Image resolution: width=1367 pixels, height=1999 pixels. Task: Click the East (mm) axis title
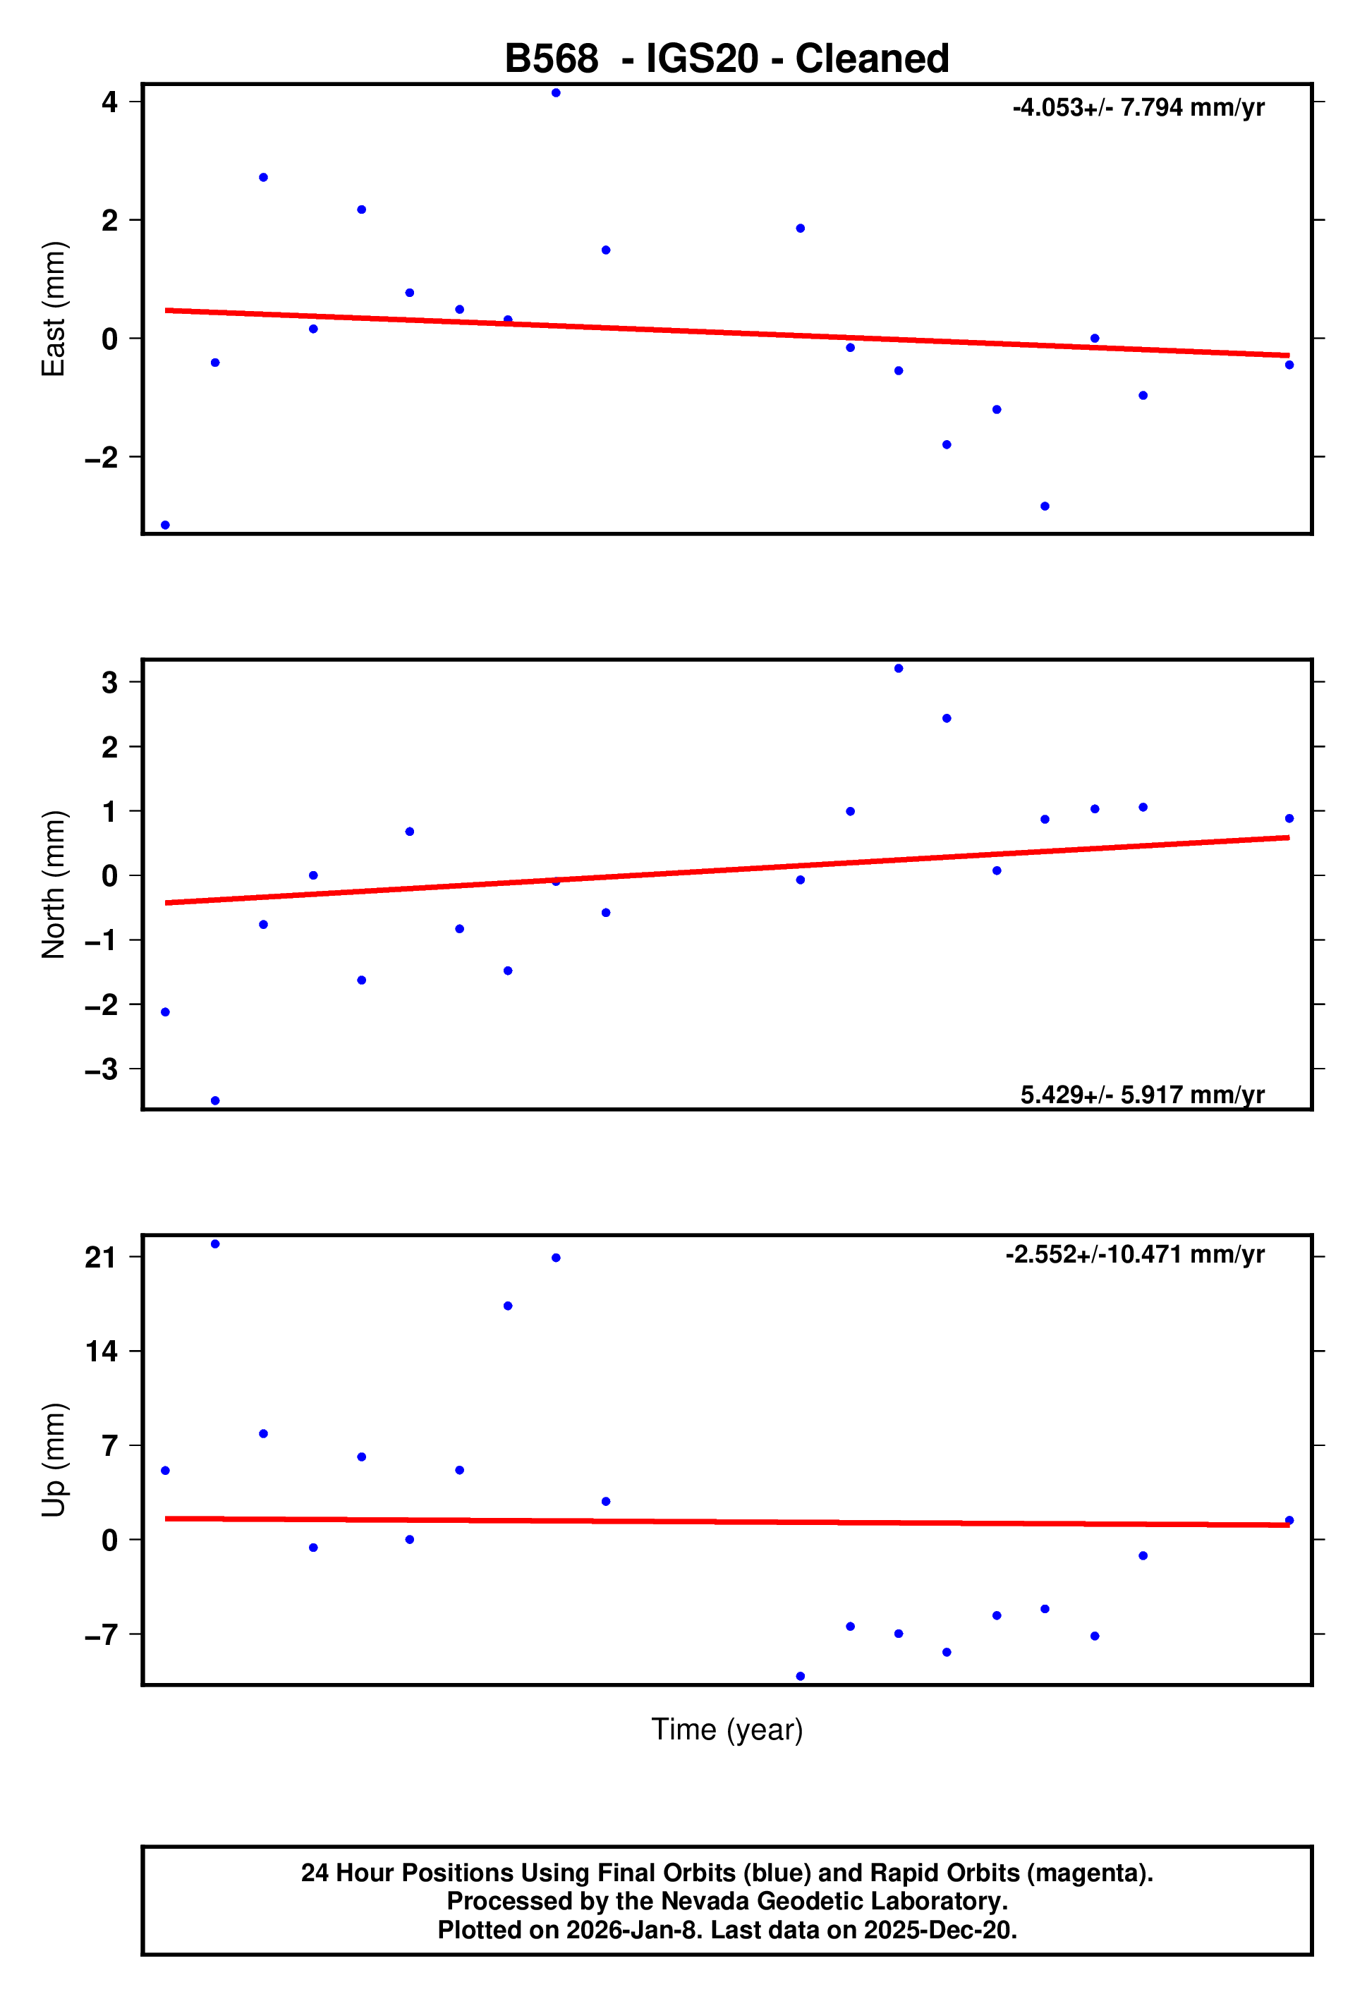[x=54, y=309]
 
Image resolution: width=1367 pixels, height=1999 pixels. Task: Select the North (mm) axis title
[x=54, y=885]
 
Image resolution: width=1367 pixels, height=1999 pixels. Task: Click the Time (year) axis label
[x=727, y=1729]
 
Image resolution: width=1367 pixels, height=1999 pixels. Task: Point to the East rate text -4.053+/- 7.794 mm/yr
[x=1138, y=107]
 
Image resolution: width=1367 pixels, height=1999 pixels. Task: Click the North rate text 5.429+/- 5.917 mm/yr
[x=1143, y=1094]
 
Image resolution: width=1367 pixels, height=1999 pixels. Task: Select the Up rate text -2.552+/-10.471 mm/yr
[x=1135, y=1254]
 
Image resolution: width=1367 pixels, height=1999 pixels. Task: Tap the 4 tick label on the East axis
[x=109, y=102]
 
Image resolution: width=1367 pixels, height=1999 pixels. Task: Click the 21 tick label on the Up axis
[x=101, y=1258]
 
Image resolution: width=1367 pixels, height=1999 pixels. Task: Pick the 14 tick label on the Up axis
[x=101, y=1351]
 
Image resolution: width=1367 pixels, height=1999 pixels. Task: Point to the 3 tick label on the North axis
[x=109, y=682]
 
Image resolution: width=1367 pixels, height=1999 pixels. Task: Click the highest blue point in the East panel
[x=556, y=93]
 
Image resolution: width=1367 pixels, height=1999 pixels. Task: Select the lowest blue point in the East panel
[x=165, y=525]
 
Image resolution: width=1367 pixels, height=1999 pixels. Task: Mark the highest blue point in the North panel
[x=898, y=669]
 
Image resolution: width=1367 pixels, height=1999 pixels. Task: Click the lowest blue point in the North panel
[x=215, y=1101]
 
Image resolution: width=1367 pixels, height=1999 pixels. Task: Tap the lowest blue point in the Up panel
[x=800, y=1677]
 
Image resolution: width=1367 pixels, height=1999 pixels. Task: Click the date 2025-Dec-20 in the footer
[x=940, y=1930]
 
